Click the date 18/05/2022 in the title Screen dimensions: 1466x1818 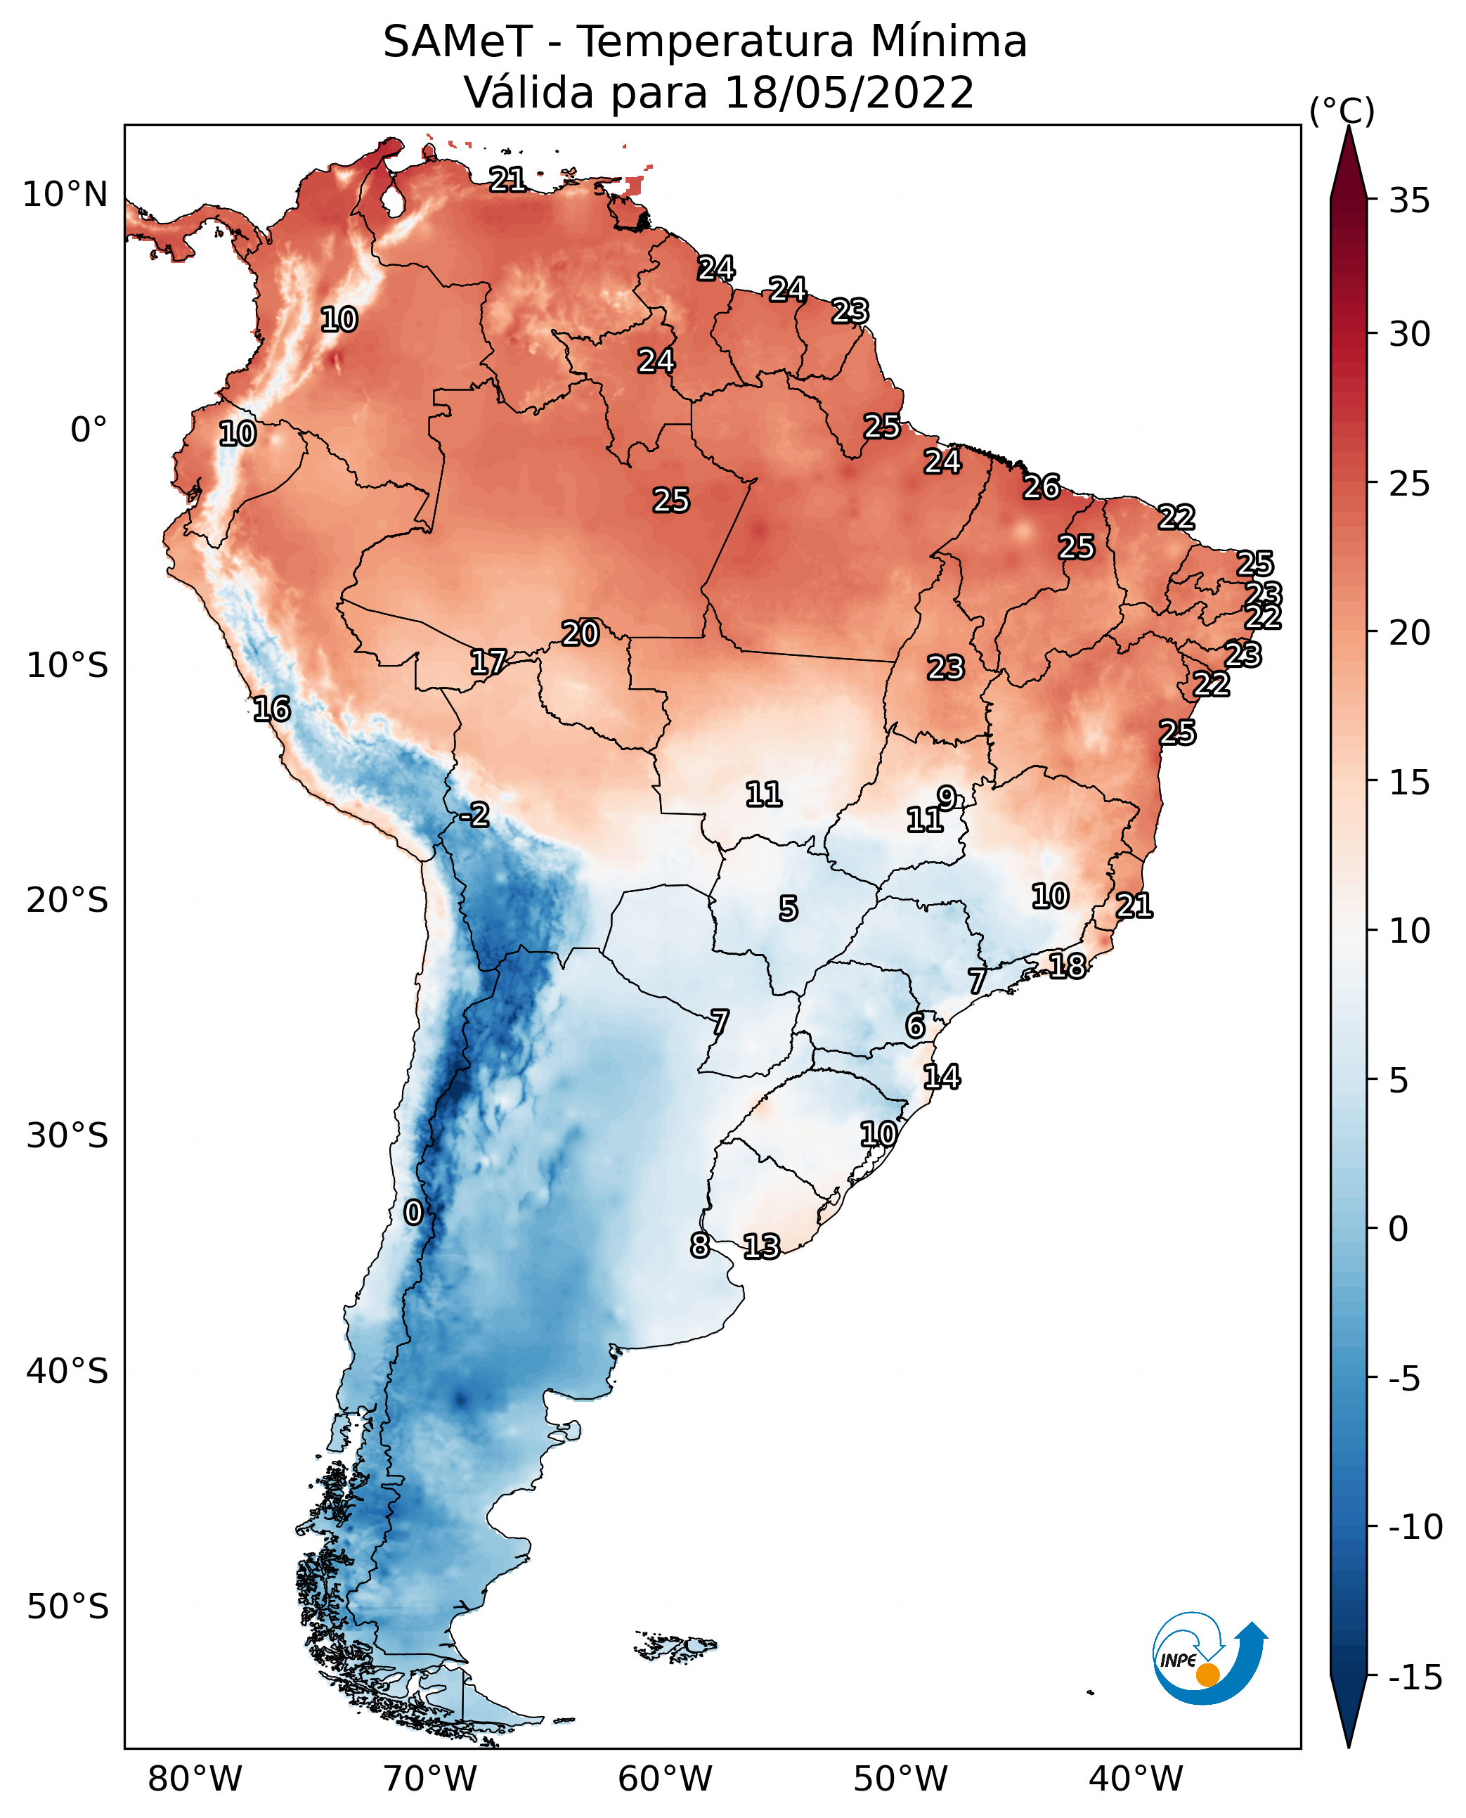849,92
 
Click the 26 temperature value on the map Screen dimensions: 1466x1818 1042,486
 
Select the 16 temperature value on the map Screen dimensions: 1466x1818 272,709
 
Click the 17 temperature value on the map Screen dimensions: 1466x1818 488,662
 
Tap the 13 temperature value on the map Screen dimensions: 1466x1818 762,1246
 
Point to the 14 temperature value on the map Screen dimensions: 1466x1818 942,1076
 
